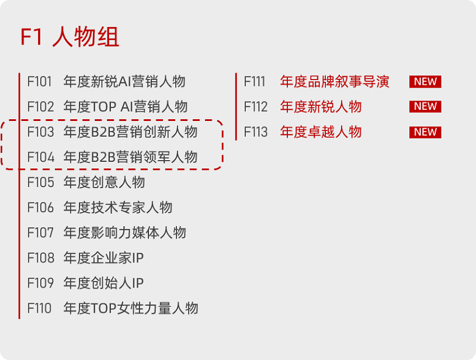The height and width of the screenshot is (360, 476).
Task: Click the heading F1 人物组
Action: click(x=70, y=37)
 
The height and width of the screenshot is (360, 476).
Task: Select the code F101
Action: click(x=40, y=82)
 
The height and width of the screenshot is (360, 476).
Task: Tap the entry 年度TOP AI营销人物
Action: click(x=126, y=107)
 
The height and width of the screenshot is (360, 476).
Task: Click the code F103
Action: click(x=40, y=132)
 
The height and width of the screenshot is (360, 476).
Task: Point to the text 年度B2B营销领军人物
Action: click(x=130, y=157)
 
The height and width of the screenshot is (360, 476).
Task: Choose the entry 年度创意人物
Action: click(x=104, y=182)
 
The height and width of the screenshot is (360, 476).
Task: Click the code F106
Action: click(x=40, y=207)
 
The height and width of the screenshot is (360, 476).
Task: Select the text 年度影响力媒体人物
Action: click(x=124, y=233)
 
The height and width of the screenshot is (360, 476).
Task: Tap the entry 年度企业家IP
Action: click(x=103, y=258)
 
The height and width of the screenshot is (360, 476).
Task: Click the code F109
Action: click(x=40, y=283)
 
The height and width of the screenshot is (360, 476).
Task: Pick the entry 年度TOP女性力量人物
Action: click(x=131, y=308)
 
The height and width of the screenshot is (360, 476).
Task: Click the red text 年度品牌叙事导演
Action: click(x=335, y=82)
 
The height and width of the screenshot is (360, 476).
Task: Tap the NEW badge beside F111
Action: click(x=425, y=82)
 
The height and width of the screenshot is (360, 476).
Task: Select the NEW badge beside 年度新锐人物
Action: click(x=425, y=106)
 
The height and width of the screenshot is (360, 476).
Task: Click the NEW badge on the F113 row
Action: click(x=425, y=132)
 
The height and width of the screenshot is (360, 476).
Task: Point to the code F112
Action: click(x=256, y=107)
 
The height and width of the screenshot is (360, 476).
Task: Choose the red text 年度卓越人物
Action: click(x=321, y=132)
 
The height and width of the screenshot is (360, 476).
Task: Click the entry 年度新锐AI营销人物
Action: click(x=124, y=82)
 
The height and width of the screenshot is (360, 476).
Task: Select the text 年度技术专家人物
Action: click(x=118, y=207)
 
